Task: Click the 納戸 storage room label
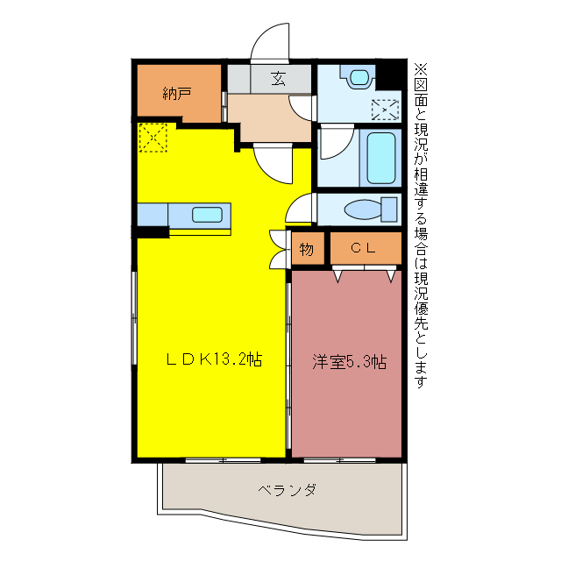point(177,93)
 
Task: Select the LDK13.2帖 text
point(215,359)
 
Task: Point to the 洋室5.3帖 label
point(350,361)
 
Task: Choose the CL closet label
point(363,248)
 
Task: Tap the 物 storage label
point(307,249)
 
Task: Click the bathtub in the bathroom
point(381,158)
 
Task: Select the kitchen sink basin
point(207,215)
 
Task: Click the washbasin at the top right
point(359,77)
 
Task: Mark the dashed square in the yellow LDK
point(152,138)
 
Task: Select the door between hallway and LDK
point(273,163)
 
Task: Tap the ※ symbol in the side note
point(419,67)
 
